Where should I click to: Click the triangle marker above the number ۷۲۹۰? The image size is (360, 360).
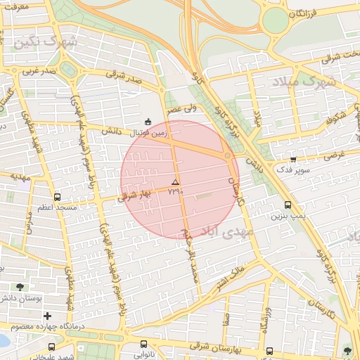[x=176, y=181]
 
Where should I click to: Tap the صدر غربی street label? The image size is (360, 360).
[x=39, y=71]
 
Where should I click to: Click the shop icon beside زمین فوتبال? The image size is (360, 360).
[x=147, y=120]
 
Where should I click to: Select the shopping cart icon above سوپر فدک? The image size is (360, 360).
[x=293, y=160]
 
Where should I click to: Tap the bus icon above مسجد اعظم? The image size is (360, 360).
[x=56, y=198]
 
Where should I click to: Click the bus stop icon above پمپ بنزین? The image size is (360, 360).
[x=288, y=205]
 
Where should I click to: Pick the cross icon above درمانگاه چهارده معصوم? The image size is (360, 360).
[x=48, y=316]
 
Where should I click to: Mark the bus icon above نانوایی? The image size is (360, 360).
[x=144, y=344]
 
